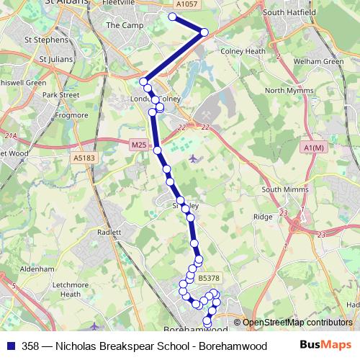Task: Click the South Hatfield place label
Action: click(x=289, y=12)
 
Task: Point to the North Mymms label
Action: click(x=287, y=91)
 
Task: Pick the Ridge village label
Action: click(x=262, y=216)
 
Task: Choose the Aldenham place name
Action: click(x=37, y=269)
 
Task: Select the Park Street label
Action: click(x=60, y=94)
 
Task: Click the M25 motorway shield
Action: click(x=139, y=145)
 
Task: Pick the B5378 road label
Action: click(x=209, y=277)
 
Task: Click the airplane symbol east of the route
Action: click(x=192, y=158)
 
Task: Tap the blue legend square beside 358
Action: click(x=11, y=346)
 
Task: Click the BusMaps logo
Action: click(x=325, y=345)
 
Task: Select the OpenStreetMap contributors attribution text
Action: click(x=297, y=323)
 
